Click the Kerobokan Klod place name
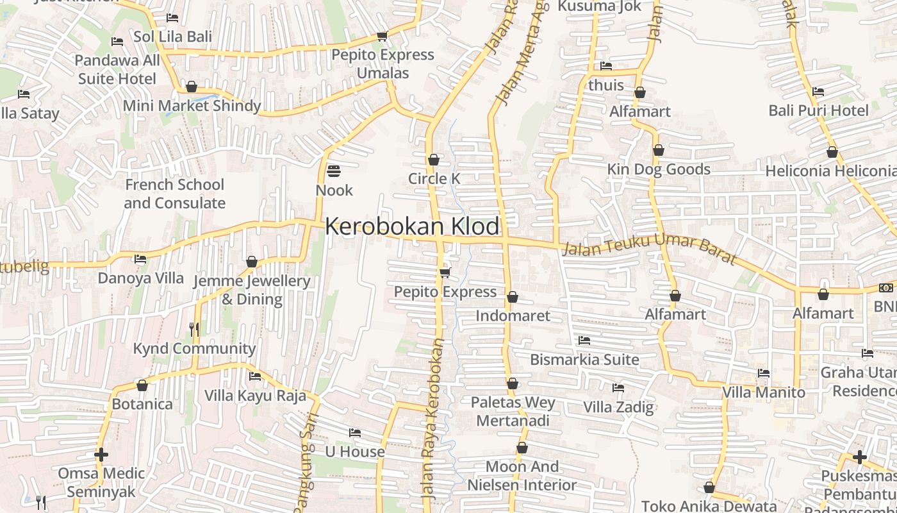pyautogui.click(x=412, y=226)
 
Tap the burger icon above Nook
pyautogui.click(x=334, y=171)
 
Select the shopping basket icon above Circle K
pyautogui.click(x=434, y=159)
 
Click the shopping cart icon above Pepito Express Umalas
pyautogui.click(x=383, y=36)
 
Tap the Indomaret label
pyautogui.click(x=513, y=315)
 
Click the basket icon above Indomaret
pyautogui.click(x=513, y=297)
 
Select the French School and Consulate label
pyautogui.click(x=174, y=194)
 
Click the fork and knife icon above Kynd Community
pyautogui.click(x=194, y=330)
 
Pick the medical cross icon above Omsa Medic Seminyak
pyautogui.click(x=101, y=455)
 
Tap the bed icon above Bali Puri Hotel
pyautogui.click(x=818, y=92)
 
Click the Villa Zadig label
pyautogui.click(x=618, y=407)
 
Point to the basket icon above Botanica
pyautogui.click(x=142, y=385)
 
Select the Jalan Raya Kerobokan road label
pyautogui.click(x=433, y=419)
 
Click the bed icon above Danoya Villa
pyautogui.click(x=140, y=259)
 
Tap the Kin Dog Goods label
pyautogui.click(x=659, y=169)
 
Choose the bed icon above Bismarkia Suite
pyautogui.click(x=584, y=341)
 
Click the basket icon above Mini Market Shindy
pyautogui.click(x=192, y=87)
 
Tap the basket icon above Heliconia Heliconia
pyautogui.click(x=832, y=152)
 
